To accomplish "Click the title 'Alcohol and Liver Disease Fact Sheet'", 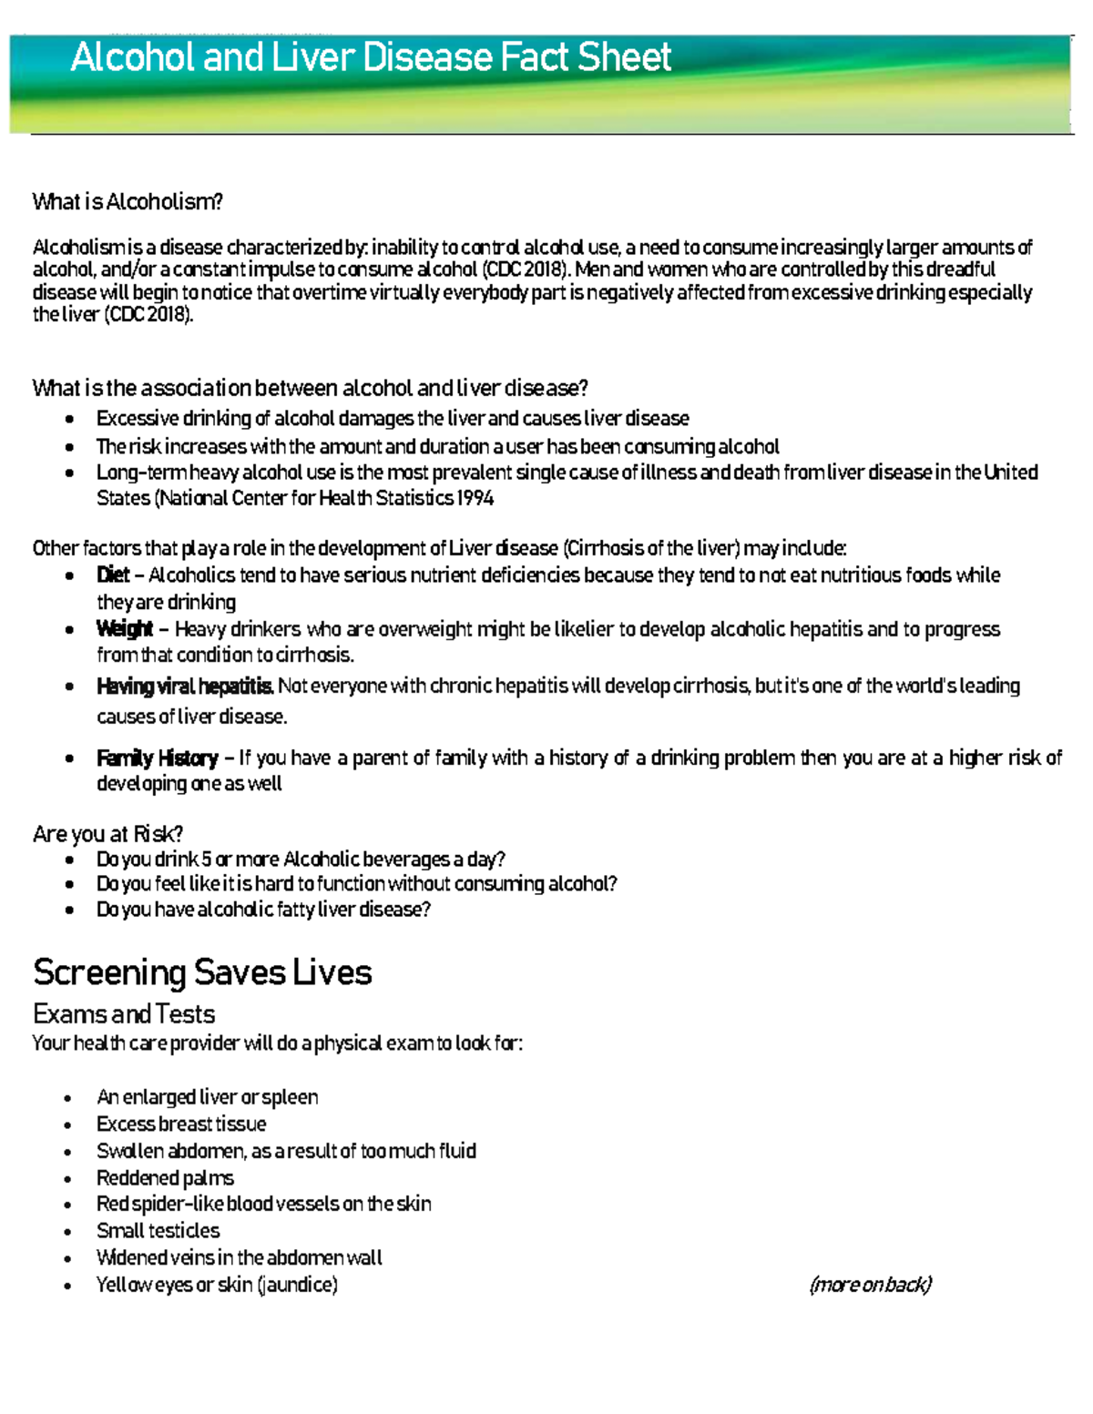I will [371, 58].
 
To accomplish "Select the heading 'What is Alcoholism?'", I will [128, 202].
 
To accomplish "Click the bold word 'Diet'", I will [113, 575].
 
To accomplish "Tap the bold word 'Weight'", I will [125, 629].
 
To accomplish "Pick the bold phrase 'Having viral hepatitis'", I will [184, 687].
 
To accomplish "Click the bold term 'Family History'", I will [157, 758].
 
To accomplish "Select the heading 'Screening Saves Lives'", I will [202, 973].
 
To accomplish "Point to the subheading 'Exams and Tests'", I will [124, 1014].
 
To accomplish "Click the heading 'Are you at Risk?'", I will [107, 834].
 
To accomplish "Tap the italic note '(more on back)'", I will [870, 1285].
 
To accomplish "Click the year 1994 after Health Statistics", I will [476, 498].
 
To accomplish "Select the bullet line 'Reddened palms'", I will [165, 1178].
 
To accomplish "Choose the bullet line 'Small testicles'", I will [158, 1231].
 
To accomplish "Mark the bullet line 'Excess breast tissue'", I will [181, 1124].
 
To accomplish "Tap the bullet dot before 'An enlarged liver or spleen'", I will [69, 1099].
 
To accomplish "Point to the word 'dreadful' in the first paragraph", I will [960, 270].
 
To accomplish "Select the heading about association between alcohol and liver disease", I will [310, 389].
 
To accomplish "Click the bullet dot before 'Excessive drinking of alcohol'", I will [69, 420].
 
